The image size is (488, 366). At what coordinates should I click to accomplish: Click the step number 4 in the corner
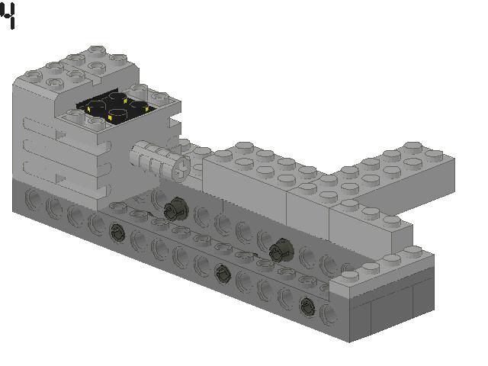8,16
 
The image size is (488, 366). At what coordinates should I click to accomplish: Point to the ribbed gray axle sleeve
152,160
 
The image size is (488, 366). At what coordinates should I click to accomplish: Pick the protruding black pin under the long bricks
280,247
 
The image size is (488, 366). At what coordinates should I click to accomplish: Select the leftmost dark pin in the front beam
117,232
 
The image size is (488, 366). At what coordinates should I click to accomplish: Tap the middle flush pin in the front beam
221,271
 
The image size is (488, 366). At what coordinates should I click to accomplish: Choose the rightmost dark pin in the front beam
307,305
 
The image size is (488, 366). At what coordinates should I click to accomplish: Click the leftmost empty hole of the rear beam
34,201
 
